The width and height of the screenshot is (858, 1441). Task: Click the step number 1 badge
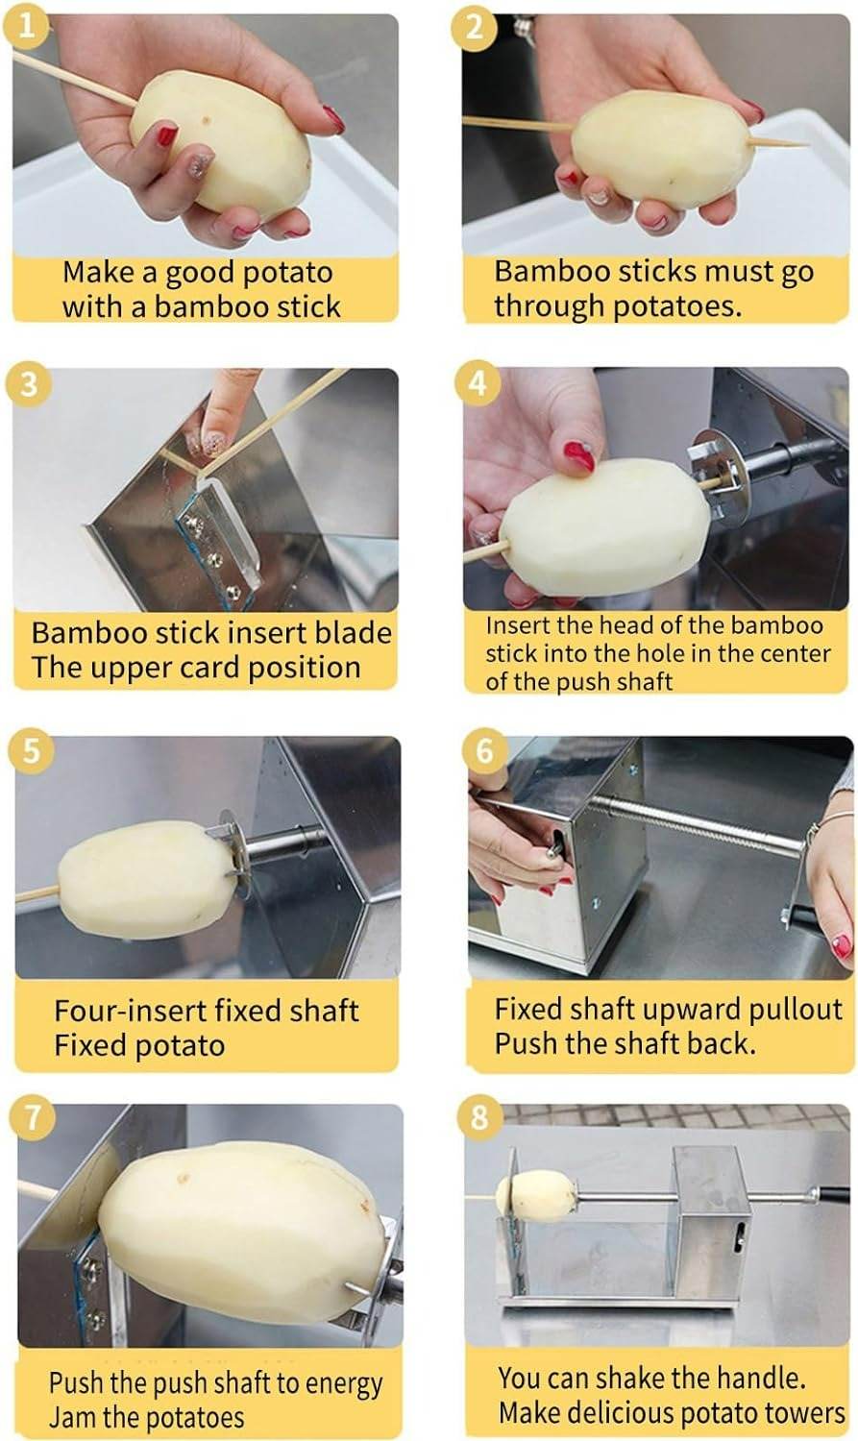[x=28, y=26]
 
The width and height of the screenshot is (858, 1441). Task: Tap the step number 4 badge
[x=478, y=384]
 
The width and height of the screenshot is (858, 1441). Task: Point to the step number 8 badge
[x=479, y=1117]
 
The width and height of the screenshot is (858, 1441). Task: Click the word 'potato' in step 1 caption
[x=286, y=273]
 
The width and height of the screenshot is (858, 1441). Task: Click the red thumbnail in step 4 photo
[x=578, y=455]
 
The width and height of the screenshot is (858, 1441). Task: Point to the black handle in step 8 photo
[x=834, y=1195]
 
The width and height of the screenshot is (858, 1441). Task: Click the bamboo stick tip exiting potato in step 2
[x=783, y=143]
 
